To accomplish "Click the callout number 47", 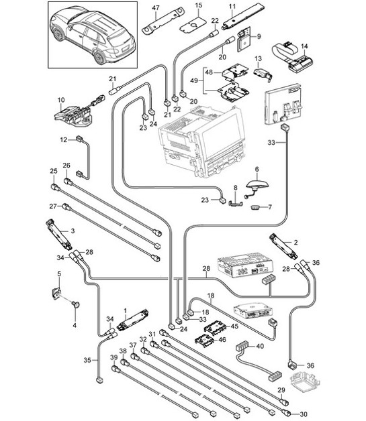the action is [x=156, y=8].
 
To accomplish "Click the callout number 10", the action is [x=61, y=100].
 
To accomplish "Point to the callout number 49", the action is [x=194, y=80].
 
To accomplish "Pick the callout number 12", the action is [x=64, y=139].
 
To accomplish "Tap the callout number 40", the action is [x=260, y=346].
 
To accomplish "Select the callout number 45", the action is [x=234, y=326].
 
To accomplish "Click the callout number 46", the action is [x=222, y=340].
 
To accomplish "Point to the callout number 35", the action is [x=87, y=360].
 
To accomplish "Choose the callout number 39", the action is [x=114, y=357].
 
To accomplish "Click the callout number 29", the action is [x=281, y=390].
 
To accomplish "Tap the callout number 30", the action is [x=303, y=414].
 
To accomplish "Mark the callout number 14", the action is [x=304, y=46].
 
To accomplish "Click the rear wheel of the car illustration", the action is [x=99, y=58].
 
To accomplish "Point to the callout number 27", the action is [x=53, y=206].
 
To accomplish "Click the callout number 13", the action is [x=258, y=58].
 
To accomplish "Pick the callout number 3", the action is [x=73, y=231].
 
